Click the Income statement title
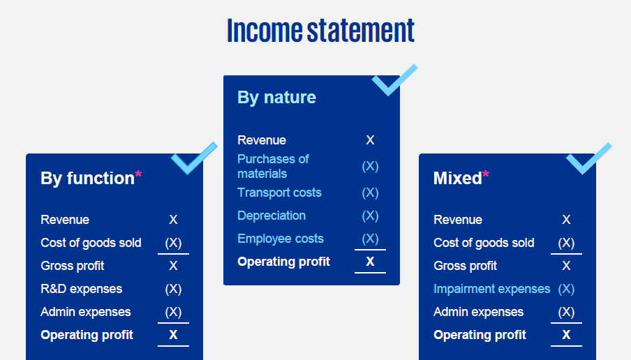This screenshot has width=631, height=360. pyautogui.click(x=320, y=31)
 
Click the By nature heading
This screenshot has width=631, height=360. pyautogui.click(x=276, y=97)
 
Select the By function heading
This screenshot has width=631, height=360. pyautogui.click(x=87, y=178)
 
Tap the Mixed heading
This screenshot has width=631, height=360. pyautogui.click(x=457, y=178)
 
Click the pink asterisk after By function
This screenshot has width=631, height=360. pyautogui.click(x=138, y=174)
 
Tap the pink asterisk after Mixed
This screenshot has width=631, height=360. pyautogui.click(x=486, y=174)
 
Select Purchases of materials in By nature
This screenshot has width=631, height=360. pyautogui.click(x=273, y=166)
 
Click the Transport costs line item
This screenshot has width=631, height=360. pyautogui.click(x=279, y=193)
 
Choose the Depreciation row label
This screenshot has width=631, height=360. pyautogui.click(x=272, y=216)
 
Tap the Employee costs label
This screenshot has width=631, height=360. pyautogui.click(x=280, y=239)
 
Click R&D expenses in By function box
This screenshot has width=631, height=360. pyautogui.click(x=81, y=289)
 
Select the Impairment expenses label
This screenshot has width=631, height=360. pyautogui.click(x=491, y=289)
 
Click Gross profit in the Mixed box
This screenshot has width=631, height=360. pyautogui.click(x=465, y=266)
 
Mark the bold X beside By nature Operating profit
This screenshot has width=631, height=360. pyautogui.click(x=370, y=262)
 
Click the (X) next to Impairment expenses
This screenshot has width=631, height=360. pyautogui.click(x=566, y=289)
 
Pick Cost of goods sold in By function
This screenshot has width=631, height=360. pyautogui.click(x=91, y=243)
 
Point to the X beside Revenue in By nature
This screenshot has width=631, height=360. pyautogui.click(x=370, y=140)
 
